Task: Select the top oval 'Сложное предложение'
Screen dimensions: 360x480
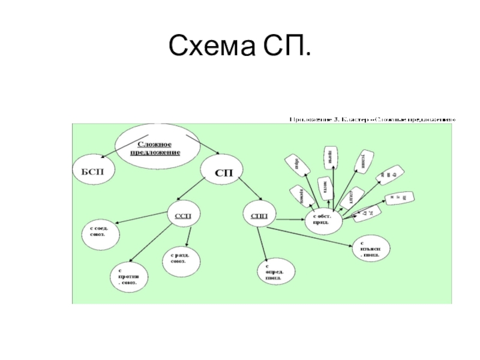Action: pos(155,146)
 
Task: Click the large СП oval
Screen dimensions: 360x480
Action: pos(222,172)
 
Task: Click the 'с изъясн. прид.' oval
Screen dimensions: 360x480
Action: pos(372,248)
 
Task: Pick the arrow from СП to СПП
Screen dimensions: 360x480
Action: pos(248,190)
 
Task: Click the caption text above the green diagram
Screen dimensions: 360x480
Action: pos(373,119)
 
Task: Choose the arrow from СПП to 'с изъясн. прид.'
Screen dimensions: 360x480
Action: pos(312,236)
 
